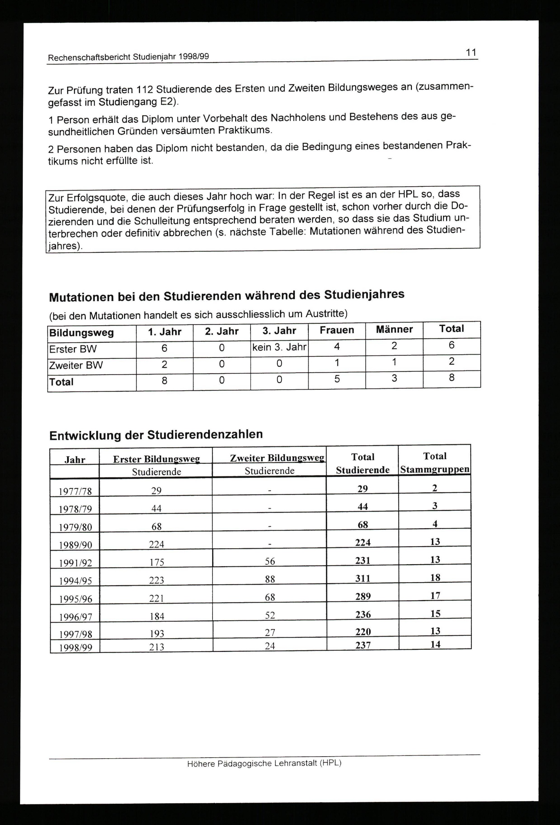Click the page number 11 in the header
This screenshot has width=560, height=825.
(471, 53)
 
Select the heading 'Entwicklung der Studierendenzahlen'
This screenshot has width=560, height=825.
(156, 435)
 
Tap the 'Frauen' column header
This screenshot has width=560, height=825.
(337, 330)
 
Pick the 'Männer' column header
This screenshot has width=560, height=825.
(394, 329)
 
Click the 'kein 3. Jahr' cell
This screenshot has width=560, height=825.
(279, 347)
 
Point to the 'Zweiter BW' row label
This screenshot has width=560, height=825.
(76, 365)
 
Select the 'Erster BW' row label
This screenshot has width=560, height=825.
(73, 349)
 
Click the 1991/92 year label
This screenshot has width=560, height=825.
(75, 563)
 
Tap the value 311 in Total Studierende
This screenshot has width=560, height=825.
(363, 579)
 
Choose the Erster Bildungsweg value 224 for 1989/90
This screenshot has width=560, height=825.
(156, 544)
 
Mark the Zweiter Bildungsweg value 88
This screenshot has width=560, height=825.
(270, 579)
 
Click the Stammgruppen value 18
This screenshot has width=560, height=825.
(435, 578)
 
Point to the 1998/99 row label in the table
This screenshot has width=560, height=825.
(75, 648)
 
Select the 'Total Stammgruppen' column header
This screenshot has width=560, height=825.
(435, 462)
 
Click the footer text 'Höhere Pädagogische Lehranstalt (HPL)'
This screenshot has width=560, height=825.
(264, 763)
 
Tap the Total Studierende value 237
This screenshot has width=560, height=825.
(363, 645)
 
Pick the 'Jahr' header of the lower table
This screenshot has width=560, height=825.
(75, 460)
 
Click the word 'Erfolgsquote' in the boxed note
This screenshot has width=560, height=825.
(95, 198)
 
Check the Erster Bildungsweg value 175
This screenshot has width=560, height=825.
(156, 562)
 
